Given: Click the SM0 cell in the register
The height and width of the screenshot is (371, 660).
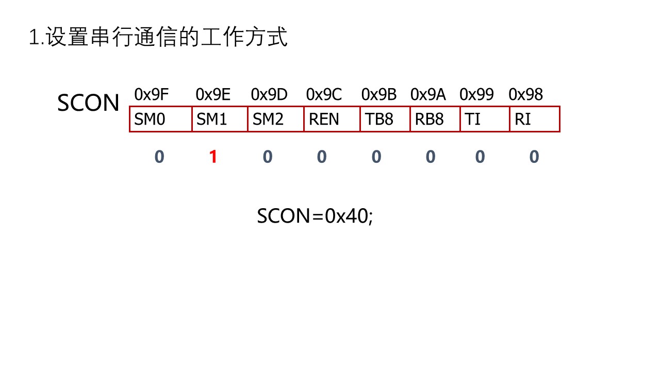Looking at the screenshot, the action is click(x=160, y=119).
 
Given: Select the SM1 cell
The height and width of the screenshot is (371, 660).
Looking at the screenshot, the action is click(x=220, y=119).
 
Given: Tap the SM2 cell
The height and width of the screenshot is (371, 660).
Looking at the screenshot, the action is click(x=275, y=119).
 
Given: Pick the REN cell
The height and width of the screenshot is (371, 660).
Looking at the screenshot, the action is click(x=332, y=119).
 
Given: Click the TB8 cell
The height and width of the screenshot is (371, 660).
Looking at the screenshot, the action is click(x=385, y=119).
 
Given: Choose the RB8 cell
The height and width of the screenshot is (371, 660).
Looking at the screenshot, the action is click(x=435, y=119).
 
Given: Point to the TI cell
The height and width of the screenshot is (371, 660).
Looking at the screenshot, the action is click(x=485, y=119).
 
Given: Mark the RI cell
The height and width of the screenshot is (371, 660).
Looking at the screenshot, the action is click(x=534, y=119).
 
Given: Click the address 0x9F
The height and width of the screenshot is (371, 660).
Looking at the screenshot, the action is click(x=151, y=95).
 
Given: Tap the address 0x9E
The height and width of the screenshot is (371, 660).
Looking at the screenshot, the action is click(x=213, y=95).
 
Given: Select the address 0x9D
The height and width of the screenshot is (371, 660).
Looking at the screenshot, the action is click(x=269, y=95).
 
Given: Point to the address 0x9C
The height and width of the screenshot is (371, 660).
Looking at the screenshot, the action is click(x=324, y=95).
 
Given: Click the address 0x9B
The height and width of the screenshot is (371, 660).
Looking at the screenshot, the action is click(x=378, y=95).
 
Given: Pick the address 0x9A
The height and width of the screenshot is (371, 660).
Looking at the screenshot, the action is click(x=428, y=95).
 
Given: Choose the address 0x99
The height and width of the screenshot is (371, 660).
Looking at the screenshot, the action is click(x=476, y=95).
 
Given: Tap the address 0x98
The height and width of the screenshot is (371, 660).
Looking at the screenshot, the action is click(x=525, y=95).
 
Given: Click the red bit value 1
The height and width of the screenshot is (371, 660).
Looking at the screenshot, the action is click(x=213, y=157).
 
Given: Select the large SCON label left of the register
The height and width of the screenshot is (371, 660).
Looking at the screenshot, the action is click(x=88, y=103).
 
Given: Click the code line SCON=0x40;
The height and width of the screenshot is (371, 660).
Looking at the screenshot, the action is click(x=315, y=215).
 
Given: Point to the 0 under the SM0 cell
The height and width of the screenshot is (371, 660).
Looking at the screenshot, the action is click(x=159, y=157).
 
